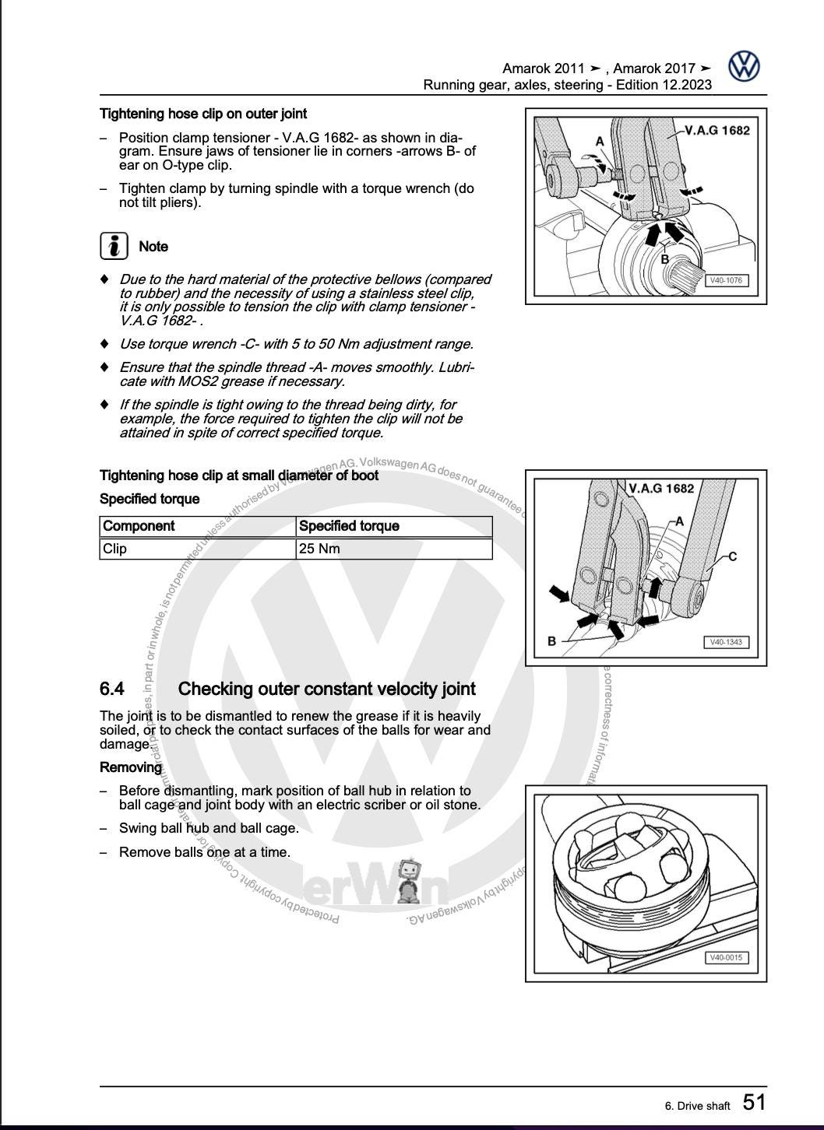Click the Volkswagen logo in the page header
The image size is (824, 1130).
pos(744,67)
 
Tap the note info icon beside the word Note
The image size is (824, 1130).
pos(114,246)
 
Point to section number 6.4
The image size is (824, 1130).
pos(112,689)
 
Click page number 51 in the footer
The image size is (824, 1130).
pos(754,1102)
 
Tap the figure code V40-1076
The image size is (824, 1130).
pos(725,280)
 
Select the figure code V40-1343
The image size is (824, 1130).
pos(726,642)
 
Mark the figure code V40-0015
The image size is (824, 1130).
pos(726,957)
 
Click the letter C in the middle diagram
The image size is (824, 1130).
pos(732,556)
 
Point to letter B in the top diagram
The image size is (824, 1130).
pos(665,259)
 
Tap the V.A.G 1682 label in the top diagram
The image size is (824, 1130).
pos(717,130)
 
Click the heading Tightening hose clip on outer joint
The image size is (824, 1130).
pos(203,114)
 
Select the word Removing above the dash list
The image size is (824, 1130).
pos(131,767)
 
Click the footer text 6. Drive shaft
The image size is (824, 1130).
pos(697,1106)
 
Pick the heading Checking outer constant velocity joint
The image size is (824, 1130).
pos(326,689)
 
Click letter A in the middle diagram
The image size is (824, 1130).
pos(679,521)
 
